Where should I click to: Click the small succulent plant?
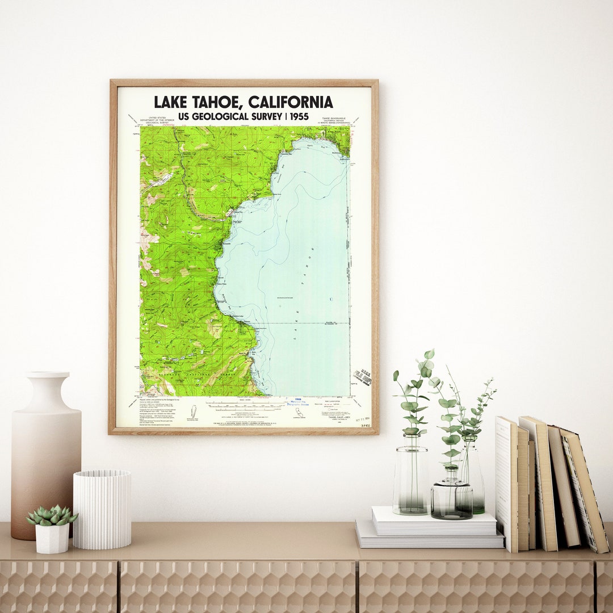[52, 515]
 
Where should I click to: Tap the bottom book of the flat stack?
[429, 540]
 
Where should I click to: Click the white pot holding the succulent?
[52, 538]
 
